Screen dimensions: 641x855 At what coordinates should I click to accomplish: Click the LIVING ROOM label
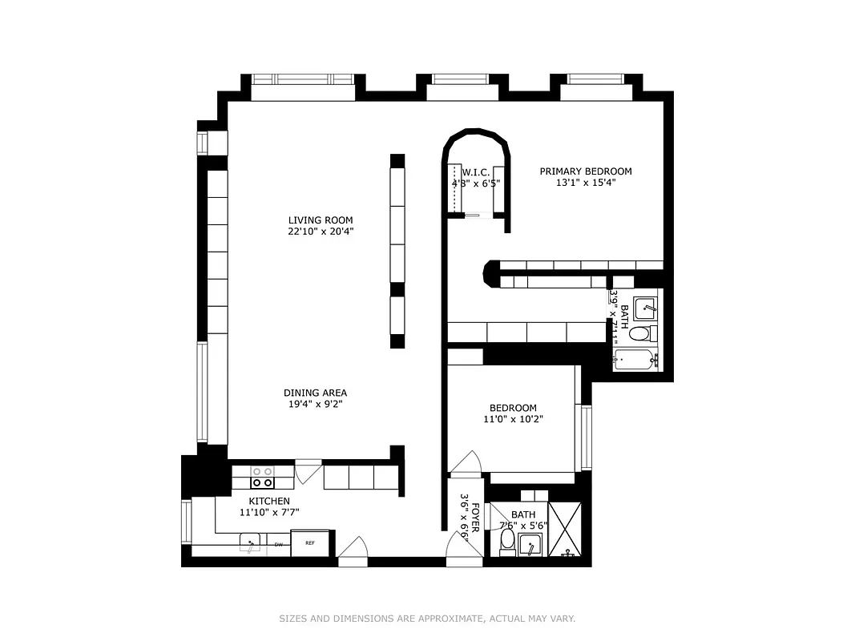[321, 220]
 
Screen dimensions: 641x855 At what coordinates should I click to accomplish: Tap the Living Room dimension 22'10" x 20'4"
[321, 232]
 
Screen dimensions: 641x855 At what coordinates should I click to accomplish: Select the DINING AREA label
[315, 393]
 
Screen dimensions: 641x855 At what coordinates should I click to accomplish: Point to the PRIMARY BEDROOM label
[585, 171]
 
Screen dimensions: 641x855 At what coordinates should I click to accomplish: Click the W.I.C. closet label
[476, 172]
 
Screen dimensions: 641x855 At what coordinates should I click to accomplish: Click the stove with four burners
[262, 478]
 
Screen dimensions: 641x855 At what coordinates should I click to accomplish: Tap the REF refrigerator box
[309, 542]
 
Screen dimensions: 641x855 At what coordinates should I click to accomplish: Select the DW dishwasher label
[279, 545]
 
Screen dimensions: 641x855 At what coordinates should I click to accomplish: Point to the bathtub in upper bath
[635, 359]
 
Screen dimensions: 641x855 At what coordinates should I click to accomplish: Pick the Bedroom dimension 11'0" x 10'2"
[514, 419]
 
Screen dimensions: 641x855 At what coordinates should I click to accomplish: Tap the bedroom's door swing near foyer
[465, 463]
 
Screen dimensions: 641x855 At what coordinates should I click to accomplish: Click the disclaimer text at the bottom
[427, 619]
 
